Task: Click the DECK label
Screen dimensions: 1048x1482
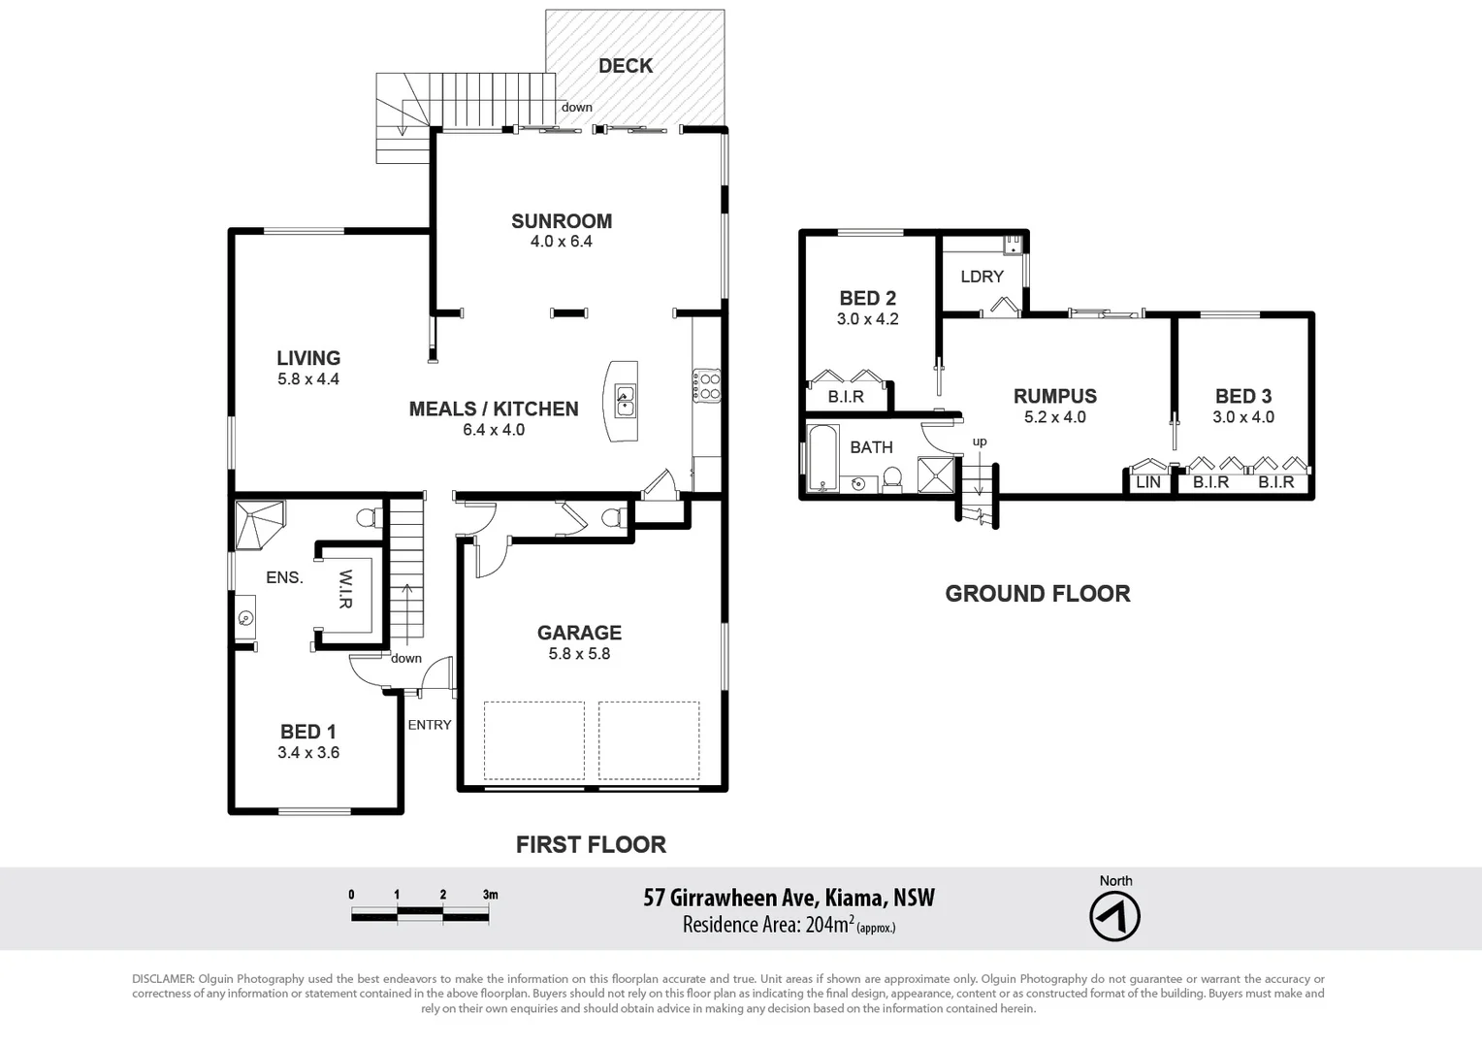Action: (x=625, y=66)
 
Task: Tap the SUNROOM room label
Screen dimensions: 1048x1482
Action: (x=561, y=221)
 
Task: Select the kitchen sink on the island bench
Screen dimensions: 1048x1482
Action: (x=626, y=400)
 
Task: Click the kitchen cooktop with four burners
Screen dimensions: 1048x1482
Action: (x=706, y=386)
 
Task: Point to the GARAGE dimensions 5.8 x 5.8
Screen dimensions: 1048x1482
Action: (x=579, y=654)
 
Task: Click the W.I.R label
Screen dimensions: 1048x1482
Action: (x=345, y=589)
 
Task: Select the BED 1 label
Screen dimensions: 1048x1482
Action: (x=307, y=732)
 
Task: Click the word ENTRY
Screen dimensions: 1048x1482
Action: (x=429, y=725)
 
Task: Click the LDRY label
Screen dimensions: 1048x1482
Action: (x=982, y=277)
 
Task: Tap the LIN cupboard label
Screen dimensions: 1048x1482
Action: (x=1147, y=482)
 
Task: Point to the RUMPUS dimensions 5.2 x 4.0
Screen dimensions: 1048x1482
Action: (x=1054, y=417)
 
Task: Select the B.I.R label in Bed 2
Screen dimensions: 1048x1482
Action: (x=845, y=397)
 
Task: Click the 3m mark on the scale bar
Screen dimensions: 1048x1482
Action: (x=489, y=895)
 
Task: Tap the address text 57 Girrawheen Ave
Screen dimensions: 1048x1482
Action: (x=731, y=898)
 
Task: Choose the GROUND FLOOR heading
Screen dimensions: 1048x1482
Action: (x=1037, y=594)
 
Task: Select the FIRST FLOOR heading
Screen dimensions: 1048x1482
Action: (x=591, y=845)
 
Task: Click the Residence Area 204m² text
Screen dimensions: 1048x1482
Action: (x=788, y=925)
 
